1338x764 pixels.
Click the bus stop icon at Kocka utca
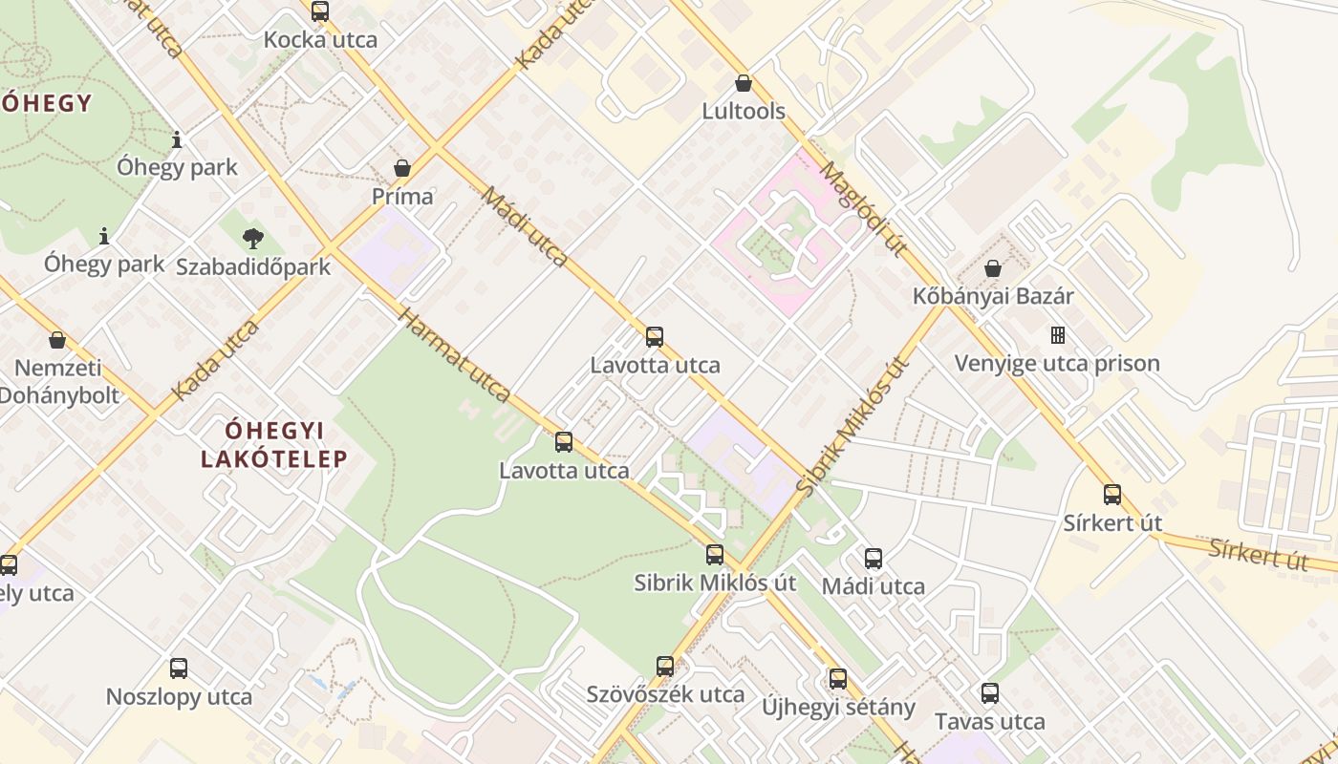point(320,11)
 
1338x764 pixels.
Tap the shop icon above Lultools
point(744,83)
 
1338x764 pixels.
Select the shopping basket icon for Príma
point(402,168)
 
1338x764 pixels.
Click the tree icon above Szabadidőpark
point(253,238)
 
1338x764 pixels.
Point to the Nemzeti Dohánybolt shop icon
point(57,339)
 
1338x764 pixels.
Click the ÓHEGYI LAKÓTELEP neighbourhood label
point(273,444)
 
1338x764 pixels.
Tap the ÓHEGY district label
point(46,103)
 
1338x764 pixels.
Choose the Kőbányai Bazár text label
point(993,296)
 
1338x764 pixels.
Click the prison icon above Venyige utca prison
point(1057,335)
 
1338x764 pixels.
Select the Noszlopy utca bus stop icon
point(179,668)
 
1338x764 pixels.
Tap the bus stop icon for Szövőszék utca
point(665,666)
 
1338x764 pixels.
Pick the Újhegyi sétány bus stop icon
point(838,679)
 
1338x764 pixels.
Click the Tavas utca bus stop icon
point(990,693)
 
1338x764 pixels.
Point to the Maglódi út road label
point(863,209)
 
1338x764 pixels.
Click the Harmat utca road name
point(454,355)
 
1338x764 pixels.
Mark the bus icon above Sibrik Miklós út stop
point(715,555)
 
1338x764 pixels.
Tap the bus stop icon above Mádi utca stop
point(874,559)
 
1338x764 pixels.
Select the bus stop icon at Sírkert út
point(1112,495)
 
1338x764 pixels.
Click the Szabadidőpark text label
point(253,266)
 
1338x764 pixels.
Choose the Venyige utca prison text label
point(1057,364)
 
